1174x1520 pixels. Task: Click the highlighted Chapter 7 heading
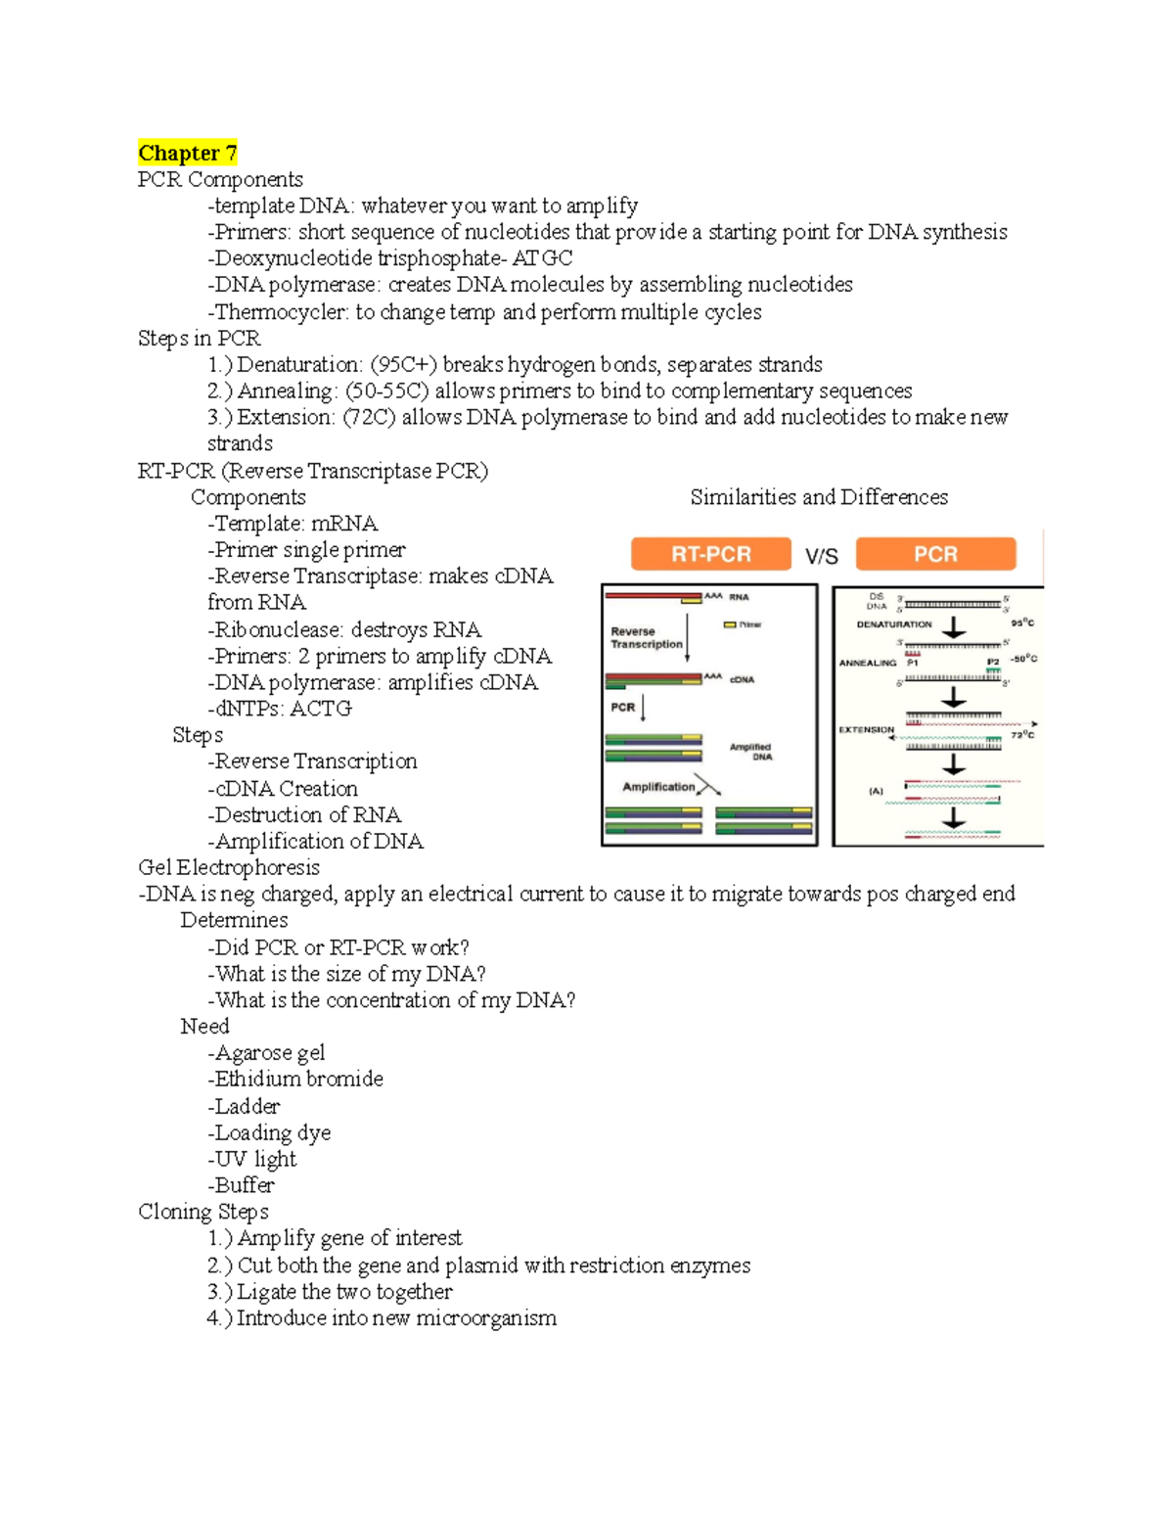[187, 153]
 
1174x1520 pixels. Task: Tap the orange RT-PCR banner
[710, 554]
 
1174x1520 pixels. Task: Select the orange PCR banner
[935, 554]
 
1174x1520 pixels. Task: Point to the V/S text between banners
[822, 556]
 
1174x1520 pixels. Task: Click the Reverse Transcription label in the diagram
[646, 638]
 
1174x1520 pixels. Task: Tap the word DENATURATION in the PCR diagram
[894, 624]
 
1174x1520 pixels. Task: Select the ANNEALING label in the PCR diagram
[867, 663]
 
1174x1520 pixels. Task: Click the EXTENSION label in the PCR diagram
[866, 729]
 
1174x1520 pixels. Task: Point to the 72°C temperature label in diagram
[1022, 734]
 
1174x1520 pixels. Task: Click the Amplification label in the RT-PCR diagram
[658, 787]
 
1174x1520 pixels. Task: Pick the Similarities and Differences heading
[819, 497]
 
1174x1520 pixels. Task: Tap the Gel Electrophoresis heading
[229, 867]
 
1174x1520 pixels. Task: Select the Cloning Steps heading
[203, 1212]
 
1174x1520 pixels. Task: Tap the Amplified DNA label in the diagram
[750, 752]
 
